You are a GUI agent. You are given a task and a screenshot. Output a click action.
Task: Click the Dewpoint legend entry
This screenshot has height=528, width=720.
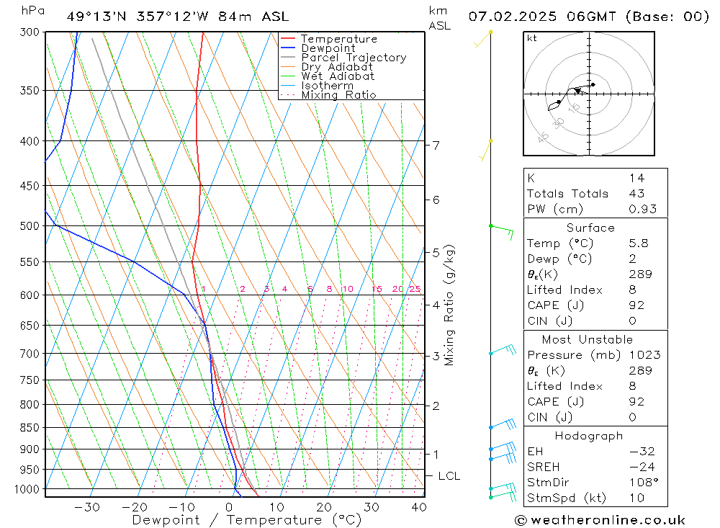pyautogui.click(x=328, y=48)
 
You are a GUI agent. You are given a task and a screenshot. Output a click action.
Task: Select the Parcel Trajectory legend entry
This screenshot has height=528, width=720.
pyautogui.click(x=354, y=58)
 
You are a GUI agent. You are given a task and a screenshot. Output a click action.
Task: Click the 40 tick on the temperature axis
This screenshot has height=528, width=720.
pyautogui.click(x=418, y=507)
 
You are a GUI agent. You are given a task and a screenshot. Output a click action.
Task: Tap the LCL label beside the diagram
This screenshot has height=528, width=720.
pyautogui.click(x=449, y=476)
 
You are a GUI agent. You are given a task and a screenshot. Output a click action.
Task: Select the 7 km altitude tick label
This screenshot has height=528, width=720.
pyautogui.click(x=436, y=146)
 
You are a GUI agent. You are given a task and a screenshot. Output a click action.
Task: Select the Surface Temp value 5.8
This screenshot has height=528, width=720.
pyautogui.click(x=638, y=243)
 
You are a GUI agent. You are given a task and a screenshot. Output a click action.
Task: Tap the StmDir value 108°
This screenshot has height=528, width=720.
pyautogui.click(x=641, y=482)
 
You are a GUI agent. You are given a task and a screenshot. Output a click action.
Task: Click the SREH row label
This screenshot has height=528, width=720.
pyautogui.click(x=544, y=467)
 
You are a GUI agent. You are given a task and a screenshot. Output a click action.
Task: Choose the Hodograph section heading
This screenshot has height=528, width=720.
pyautogui.click(x=589, y=436)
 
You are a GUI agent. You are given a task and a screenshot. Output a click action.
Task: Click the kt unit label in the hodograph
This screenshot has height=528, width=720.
pyautogui.click(x=532, y=38)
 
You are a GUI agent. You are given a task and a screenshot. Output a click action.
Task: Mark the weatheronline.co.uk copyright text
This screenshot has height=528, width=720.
pyautogui.click(x=600, y=519)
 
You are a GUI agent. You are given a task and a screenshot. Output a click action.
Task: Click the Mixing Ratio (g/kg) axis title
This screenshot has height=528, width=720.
pyautogui.click(x=450, y=305)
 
